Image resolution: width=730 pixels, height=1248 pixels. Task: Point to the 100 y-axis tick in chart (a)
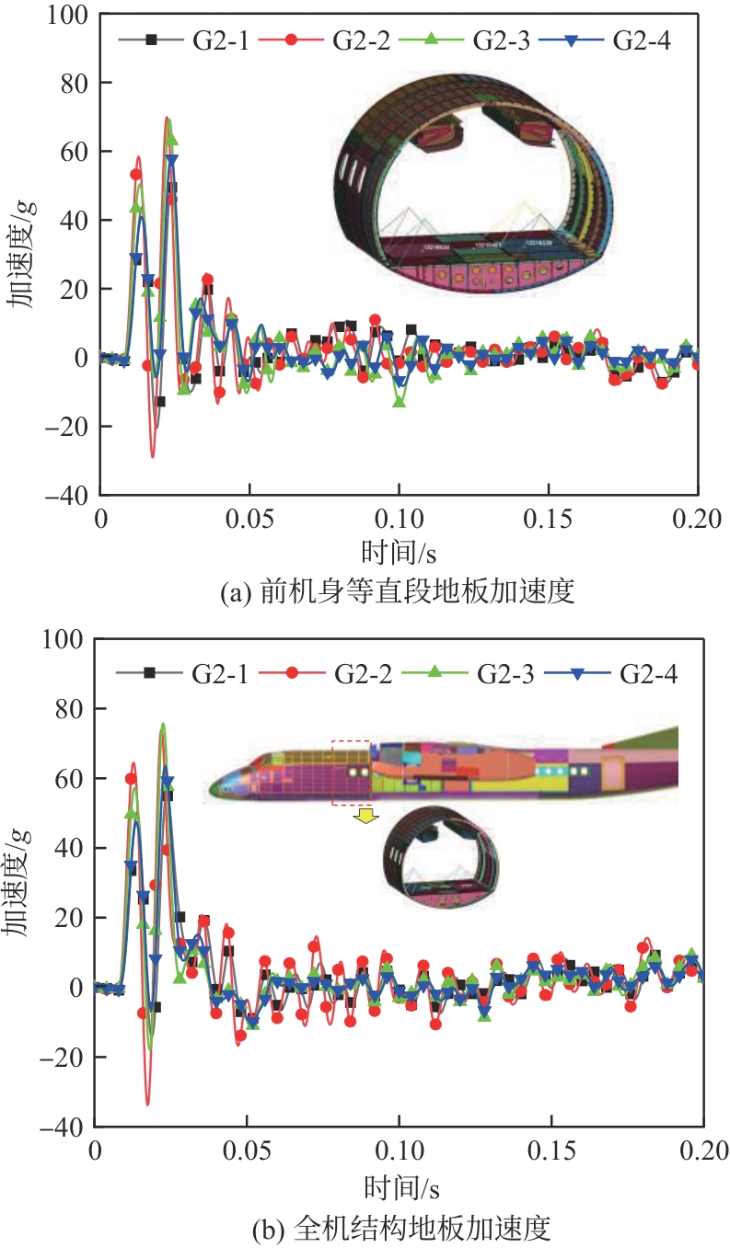click(64, 16)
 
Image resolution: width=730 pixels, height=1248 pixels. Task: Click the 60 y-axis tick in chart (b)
click(70, 779)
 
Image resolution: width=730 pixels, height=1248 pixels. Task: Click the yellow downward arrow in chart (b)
click(366, 816)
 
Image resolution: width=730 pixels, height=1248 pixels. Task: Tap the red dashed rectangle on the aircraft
click(351, 773)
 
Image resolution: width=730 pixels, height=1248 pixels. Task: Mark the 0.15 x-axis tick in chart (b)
click(551, 1150)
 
